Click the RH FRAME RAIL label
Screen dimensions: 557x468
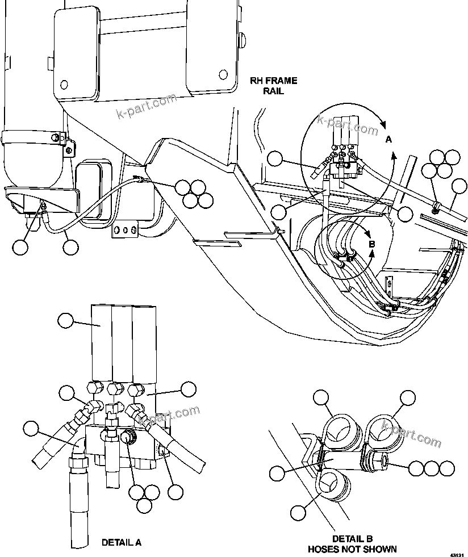point(274,86)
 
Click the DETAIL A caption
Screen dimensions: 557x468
point(121,542)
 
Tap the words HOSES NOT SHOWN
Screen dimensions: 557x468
point(352,549)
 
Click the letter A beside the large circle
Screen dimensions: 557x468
point(388,139)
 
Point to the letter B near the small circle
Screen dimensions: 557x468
point(371,245)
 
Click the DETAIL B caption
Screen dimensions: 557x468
point(352,539)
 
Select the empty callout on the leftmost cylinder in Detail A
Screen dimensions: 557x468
point(66,321)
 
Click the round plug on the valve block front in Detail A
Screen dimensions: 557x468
point(128,437)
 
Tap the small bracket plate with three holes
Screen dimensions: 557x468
point(125,231)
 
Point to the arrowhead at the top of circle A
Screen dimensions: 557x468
point(384,123)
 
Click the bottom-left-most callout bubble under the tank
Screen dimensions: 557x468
point(20,248)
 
